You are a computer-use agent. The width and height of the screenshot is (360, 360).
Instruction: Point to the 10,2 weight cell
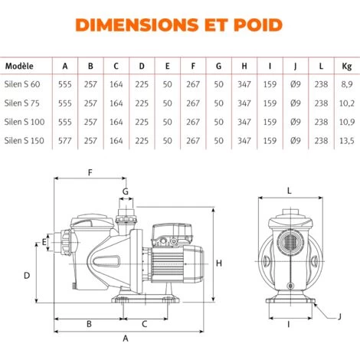click(x=346, y=103)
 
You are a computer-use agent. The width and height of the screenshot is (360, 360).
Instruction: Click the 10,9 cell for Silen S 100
click(x=346, y=121)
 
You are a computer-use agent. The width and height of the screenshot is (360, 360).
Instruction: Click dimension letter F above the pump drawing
click(x=90, y=173)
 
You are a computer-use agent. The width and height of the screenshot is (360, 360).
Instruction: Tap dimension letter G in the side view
click(x=126, y=190)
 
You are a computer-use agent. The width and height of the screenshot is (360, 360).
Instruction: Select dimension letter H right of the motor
click(x=219, y=263)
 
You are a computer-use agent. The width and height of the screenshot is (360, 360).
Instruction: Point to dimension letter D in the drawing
click(x=27, y=274)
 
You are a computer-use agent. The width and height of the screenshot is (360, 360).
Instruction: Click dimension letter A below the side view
click(x=126, y=338)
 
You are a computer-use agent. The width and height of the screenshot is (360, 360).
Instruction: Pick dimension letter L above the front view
click(x=289, y=190)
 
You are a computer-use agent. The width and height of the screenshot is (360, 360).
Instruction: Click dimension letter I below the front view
click(x=289, y=325)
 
